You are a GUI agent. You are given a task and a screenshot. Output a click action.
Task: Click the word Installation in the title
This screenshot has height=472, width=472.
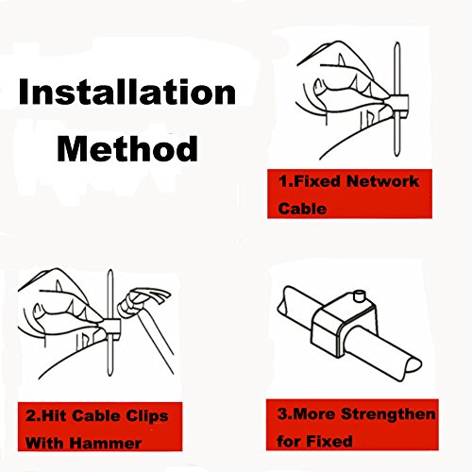pos(127,92)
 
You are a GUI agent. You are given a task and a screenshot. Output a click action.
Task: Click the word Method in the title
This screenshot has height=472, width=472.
pos(127,149)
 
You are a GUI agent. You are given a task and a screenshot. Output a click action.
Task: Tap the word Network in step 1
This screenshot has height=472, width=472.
pos(383,181)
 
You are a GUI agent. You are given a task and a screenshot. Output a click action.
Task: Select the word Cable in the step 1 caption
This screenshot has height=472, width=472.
pos(302,209)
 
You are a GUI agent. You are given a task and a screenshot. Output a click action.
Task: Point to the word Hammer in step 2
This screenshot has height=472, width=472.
pos(106,444)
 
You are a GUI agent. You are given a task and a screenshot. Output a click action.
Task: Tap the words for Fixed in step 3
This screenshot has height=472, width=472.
pos(314,441)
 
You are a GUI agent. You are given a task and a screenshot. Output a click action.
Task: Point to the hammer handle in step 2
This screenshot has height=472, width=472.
pos(157,344)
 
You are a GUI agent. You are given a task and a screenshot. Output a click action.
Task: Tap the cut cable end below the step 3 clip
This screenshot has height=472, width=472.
pos(413,366)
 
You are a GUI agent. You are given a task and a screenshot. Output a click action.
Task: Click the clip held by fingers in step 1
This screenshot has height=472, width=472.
pos(399,104)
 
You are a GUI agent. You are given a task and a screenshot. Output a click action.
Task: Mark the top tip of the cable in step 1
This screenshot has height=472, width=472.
pos(397,43)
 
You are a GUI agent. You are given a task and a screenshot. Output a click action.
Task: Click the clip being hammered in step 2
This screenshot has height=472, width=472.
pos(112,329)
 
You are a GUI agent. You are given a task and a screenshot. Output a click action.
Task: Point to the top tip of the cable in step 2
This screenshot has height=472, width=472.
pos(110,270)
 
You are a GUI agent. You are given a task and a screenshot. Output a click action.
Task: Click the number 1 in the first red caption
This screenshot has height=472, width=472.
pos(282,181)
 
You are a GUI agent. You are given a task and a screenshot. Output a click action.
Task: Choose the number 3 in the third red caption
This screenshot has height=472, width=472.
pos(282,413)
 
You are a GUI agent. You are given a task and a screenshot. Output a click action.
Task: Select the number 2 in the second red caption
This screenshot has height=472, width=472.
pos(31,416)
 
